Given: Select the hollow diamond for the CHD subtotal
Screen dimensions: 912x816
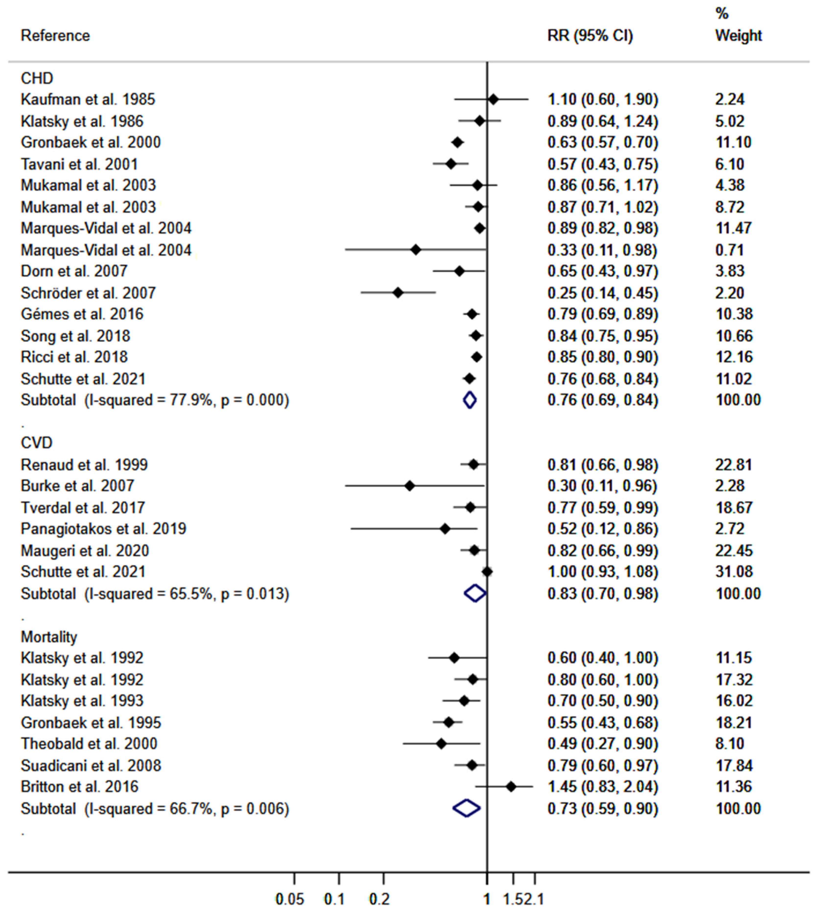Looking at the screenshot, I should tap(470, 400).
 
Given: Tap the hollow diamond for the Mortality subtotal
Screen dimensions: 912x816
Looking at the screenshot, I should tap(466, 808).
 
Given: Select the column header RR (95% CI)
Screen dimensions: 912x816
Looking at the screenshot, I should tap(590, 36).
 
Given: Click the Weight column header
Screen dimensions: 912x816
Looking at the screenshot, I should tap(738, 36).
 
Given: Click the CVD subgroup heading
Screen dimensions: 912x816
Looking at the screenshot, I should tap(37, 443).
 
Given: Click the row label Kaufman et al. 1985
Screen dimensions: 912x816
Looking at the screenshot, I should tap(88, 99).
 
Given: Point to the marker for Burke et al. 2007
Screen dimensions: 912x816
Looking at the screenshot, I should tap(409, 486).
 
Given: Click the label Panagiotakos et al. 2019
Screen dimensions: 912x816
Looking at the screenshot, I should tap(103, 529).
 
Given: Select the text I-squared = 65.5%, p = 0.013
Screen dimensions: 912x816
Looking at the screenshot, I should tap(186, 594).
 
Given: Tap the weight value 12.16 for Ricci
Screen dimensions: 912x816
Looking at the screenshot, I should tap(734, 357).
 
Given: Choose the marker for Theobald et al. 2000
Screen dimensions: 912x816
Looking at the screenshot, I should tap(441, 744).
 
